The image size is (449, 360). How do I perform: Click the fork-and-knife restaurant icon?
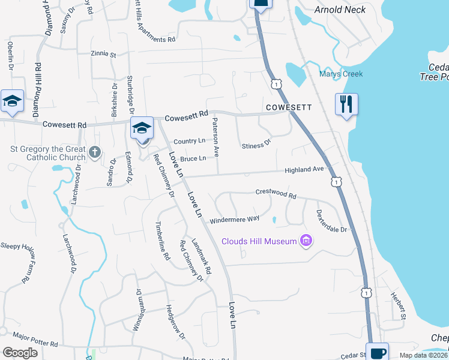(347, 103)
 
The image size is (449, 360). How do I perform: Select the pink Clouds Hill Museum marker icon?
(307, 241)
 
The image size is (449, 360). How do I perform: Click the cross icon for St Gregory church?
(94, 152)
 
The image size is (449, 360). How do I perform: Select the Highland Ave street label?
(304, 170)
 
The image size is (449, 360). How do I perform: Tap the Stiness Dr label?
(256, 145)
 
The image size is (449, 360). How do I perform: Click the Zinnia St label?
(103, 54)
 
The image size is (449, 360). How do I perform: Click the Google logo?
(20, 352)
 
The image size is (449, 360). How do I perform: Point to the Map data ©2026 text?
(424, 355)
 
